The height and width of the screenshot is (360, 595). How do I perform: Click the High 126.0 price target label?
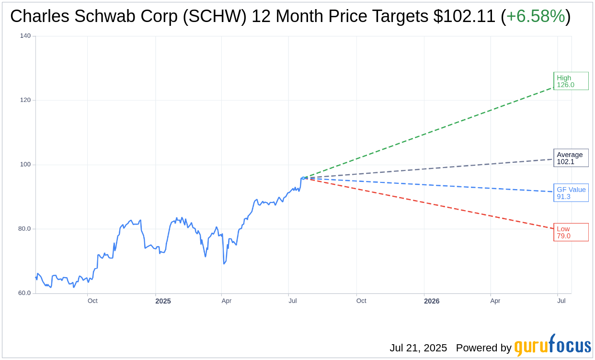pyautogui.click(x=571, y=81)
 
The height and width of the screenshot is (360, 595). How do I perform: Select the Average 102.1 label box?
pyautogui.click(x=571, y=158)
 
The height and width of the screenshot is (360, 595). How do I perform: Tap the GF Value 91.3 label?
pyautogui.click(x=571, y=193)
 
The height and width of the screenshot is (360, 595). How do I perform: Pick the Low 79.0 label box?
pyautogui.click(x=571, y=232)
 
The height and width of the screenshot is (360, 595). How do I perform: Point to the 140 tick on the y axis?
pyautogui.click(x=25, y=36)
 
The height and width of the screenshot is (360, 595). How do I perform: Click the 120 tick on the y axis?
pyautogui.click(x=25, y=100)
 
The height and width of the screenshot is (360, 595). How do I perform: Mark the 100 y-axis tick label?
pyautogui.click(x=25, y=164)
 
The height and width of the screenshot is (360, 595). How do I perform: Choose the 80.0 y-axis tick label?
pyautogui.click(x=24, y=228)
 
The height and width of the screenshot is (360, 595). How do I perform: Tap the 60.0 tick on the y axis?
pyautogui.click(x=24, y=293)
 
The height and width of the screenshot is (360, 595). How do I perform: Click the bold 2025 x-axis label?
pyautogui.click(x=163, y=301)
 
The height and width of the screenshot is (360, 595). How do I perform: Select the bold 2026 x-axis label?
pyautogui.click(x=432, y=301)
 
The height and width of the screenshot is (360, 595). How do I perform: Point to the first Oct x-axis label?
pyautogui.click(x=92, y=301)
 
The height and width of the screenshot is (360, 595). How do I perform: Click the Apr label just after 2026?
pyautogui.click(x=495, y=301)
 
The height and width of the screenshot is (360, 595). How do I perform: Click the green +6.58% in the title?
pyautogui.click(x=535, y=16)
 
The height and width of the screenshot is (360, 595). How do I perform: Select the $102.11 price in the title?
pyautogui.click(x=464, y=16)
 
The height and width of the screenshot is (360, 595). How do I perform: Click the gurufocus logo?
pyautogui.click(x=552, y=346)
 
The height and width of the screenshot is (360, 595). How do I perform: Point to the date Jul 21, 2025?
pyautogui.click(x=418, y=348)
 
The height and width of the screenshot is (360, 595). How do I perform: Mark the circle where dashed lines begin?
pyautogui.click(x=303, y=178)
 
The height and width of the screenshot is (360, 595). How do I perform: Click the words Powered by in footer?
pyautogui.click(x=483, y=348)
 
